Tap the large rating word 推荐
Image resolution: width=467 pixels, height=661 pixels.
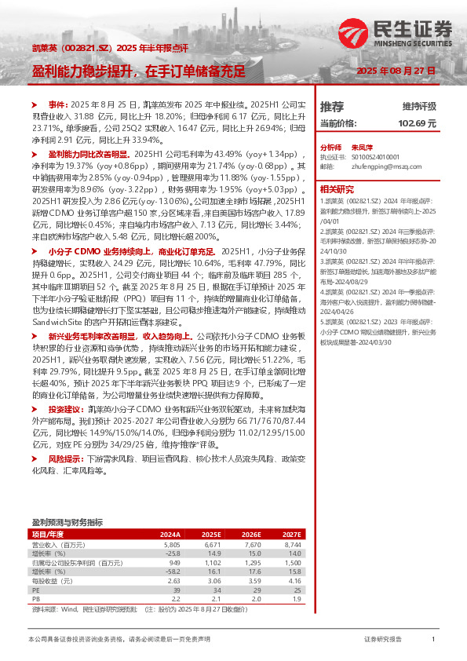point(332,106)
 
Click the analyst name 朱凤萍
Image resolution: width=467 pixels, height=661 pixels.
point(361,148)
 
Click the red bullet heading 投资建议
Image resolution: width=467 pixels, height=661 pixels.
point(65,410)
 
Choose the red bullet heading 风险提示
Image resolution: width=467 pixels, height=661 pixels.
point(65,457)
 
